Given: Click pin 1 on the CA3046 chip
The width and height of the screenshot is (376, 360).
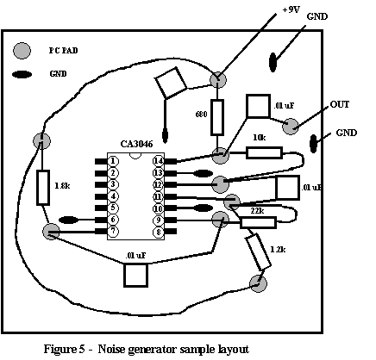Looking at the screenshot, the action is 113,161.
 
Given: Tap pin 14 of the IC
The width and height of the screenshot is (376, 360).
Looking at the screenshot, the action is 158,161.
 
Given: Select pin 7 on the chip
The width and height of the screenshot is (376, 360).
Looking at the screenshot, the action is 113,231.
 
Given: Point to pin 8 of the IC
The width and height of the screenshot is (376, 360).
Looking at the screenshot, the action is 159,232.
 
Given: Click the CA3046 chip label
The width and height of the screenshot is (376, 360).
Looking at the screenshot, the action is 136,144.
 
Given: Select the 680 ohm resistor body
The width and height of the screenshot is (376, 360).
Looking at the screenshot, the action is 217,117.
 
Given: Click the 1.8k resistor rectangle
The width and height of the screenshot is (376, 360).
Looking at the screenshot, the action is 43,188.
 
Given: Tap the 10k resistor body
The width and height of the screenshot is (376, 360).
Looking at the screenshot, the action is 264,152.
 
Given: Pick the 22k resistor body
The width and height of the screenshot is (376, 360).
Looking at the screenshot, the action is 258,223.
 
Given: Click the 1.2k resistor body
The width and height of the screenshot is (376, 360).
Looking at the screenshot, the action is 258,252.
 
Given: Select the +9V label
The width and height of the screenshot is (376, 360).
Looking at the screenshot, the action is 291,9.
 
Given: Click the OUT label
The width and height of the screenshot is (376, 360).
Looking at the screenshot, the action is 340,104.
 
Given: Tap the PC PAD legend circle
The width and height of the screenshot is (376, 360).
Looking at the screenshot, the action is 22,51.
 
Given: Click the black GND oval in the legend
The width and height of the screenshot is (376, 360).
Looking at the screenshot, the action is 22,75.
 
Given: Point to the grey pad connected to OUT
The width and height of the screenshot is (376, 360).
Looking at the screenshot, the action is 291,127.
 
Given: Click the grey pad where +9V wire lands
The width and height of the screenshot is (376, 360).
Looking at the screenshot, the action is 218,80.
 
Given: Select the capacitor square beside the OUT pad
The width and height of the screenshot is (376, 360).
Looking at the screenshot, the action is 258,106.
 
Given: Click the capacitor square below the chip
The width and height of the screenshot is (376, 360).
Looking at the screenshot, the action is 136,275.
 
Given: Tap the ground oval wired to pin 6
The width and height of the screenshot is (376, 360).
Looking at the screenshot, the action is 68,220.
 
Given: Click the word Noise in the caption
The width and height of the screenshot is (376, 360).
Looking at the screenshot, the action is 111,350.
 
